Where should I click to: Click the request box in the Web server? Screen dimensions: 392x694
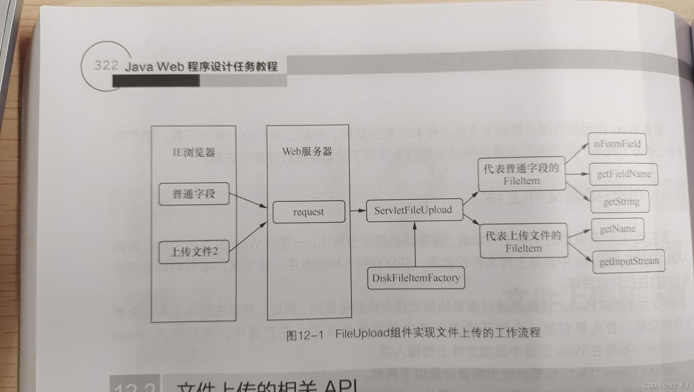(x=309, y=212)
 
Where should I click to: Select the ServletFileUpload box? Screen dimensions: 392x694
(x=414, y=210)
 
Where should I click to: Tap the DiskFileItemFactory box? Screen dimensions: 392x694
(x=416, y=278)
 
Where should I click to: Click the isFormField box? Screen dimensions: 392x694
(x=617, y=144)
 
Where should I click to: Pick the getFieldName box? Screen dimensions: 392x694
(x=623, y=174)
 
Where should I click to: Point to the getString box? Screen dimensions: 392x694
(x=620, y=202)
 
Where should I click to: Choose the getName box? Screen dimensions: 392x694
(x=617, y=229)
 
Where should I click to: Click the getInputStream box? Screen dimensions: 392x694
(x=629, y=261)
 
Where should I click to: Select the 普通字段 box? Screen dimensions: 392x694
(x=194, y=194)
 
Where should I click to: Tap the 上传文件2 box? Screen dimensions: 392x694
(x=194, y=251)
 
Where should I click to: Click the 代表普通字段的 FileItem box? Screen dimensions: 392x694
(x=521, y=174)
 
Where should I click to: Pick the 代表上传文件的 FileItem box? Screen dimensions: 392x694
(x=523, y=241)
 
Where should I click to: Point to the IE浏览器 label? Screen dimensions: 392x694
(x=194, y=152)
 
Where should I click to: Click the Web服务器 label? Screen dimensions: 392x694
(x=307, y=151)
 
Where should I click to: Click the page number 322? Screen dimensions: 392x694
(x=106, y=66)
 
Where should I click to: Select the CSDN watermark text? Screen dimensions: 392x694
(x=665, y=385)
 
